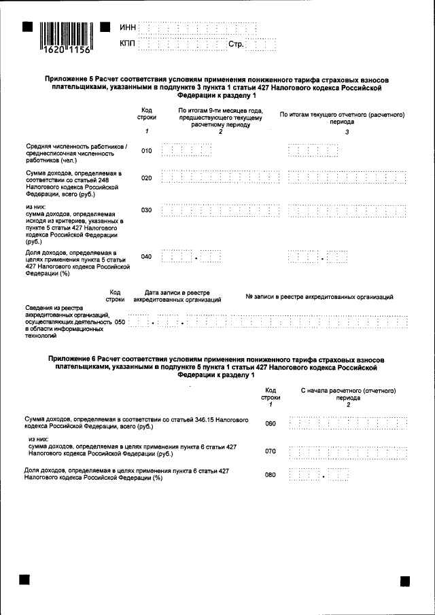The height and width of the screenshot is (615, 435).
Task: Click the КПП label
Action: click(x=127, y=44)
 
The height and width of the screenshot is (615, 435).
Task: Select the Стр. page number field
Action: click(x=260, y=45)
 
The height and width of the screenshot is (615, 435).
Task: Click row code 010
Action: click(x=147, y=151)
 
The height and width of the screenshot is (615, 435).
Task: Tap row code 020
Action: click(x=147, y=178)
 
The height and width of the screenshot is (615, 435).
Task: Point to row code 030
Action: click(x=147, y=210)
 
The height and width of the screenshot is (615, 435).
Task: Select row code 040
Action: click(x=147, y=257)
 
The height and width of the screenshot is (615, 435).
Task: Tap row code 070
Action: click(x=271, y=451)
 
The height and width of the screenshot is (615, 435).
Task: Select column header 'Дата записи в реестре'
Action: click(x=177, y=295)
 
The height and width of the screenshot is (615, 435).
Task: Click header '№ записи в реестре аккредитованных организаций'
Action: click(x=319, y=296)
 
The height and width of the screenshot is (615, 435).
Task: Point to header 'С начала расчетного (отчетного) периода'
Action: click(x=348, y=396)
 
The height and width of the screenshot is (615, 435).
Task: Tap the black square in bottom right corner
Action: click(x=405, y=581)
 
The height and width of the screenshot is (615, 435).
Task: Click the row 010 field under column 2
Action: click(x=187, y=151)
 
